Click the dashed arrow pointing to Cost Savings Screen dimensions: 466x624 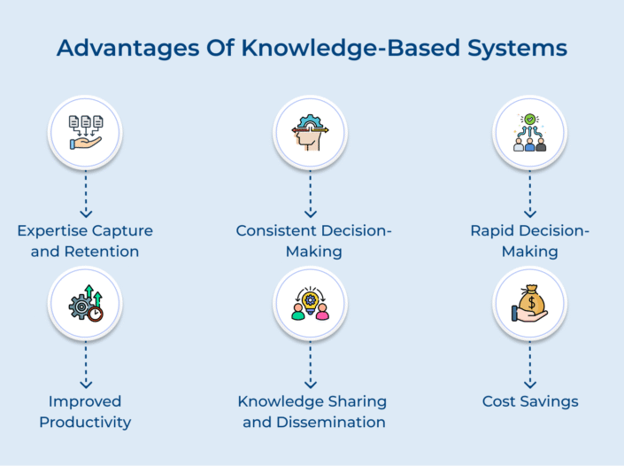529,366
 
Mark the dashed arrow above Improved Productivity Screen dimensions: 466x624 86,366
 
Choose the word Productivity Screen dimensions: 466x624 85,423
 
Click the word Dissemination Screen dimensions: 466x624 330,423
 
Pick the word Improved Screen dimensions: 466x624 85,402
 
